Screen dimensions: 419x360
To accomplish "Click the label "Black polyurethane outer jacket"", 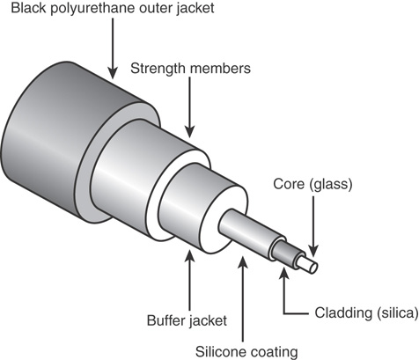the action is (x=113, y=8).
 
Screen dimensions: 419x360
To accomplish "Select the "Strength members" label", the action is (x=190, y=69).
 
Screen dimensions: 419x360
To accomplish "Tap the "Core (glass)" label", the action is (x=312, y=184).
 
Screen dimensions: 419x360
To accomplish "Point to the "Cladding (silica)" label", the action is (x=366, y=312).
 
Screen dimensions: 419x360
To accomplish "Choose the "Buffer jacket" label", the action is (x=187, y=320).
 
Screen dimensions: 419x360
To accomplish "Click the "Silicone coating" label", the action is (x=246, y=351).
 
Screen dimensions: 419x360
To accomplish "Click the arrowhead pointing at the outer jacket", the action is (x=113, y=73).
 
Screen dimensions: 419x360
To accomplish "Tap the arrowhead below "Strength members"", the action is (x=190, y=132).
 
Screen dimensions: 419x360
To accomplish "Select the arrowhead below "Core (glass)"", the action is (x=313, y=251).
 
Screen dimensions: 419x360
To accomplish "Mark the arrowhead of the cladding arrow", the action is (x=284, y=274).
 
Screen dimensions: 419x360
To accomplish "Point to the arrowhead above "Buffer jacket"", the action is (x=190, y=255).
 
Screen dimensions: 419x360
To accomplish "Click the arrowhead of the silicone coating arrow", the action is (x=243, y=262).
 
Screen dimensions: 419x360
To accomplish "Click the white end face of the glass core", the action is (x=313, y=268).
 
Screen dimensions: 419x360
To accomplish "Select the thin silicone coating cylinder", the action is (x=249, y=231).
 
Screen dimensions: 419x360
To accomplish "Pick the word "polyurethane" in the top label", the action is (x=93, y=9).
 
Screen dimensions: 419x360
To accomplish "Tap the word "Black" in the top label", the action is (x=29, y=8).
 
